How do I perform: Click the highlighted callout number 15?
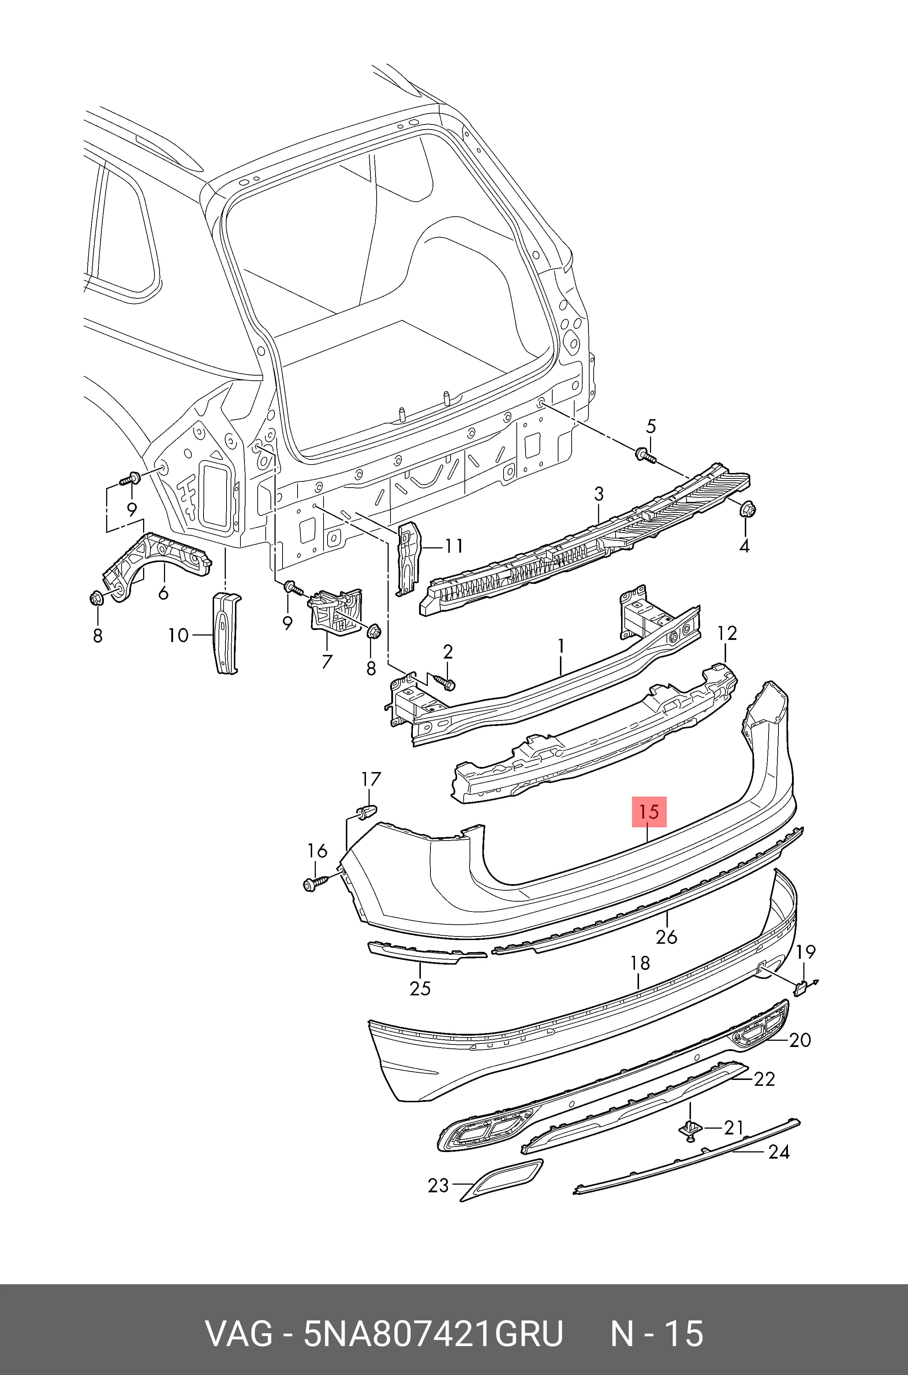pos(650,812)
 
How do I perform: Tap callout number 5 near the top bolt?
pos(651,427)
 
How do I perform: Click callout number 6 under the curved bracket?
pos(163,593)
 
